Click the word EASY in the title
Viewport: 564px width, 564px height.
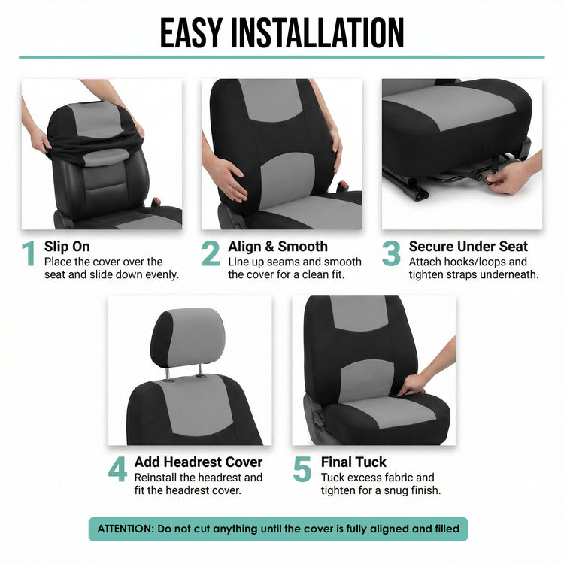click(191, 33)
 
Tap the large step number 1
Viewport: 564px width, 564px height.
click(29, 253)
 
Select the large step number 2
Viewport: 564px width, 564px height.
click(211, 253)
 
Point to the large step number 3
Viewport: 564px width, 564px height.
click(391, 253)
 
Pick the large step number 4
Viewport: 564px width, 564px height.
click(117, 469)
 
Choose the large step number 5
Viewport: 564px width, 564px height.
click(302, 469)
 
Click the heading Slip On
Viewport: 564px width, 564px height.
click(67, 247)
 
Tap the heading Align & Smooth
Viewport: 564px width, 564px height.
click(277, 247)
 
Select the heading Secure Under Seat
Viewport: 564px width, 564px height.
click(468, 247)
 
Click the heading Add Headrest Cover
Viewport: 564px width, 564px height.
click(199, 462)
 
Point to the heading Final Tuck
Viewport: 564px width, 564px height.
click(353, 462)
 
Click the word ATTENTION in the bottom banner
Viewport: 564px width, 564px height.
click(126, 529)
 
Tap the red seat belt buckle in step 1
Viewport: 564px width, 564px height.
click(156, 202)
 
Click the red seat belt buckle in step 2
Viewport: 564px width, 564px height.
click(342, 186)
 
